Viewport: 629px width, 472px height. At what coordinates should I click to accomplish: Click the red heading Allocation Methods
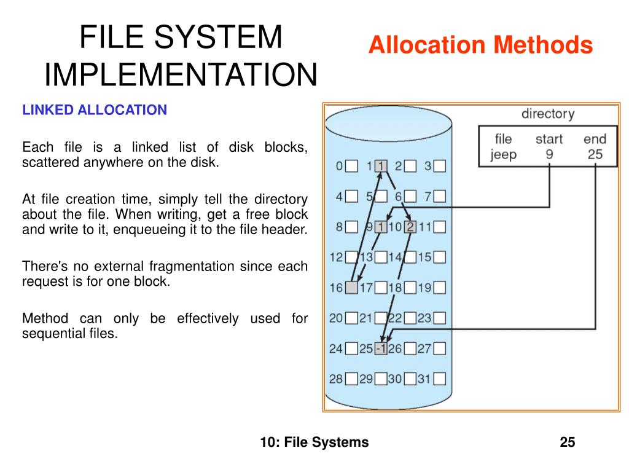tap(480, 45)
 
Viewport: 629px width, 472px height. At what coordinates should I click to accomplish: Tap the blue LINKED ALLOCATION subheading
tap(95, 110)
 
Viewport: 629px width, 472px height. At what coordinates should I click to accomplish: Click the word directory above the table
tap(548, 114)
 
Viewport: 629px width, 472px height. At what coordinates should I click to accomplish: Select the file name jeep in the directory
tap(503, 154)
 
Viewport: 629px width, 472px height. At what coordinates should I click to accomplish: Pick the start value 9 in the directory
tap(549, 154)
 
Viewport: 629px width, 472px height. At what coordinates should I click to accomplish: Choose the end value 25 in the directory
tap(595, 154)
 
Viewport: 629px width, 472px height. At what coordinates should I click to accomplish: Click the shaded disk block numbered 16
tap(351, 287)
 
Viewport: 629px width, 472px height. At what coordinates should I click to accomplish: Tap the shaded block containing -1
tap(381, 348)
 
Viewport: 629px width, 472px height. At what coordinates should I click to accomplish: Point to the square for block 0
tap(351, 166)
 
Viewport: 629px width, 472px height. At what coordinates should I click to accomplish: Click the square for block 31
tap(440, 379)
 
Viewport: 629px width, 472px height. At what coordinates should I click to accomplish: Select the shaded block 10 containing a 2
tap(410, 227)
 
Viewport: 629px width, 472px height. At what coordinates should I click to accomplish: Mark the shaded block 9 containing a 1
tap(381, 227)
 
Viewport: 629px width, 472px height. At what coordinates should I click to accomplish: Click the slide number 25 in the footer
tap(568, 442)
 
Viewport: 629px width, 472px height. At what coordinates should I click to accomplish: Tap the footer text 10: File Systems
tap(314, 442)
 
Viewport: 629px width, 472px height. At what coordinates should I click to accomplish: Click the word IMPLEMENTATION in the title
tap(181, 74)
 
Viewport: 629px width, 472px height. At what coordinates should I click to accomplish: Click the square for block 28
tap(351, 379)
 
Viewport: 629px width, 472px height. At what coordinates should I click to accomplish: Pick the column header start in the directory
tap(549, 139)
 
